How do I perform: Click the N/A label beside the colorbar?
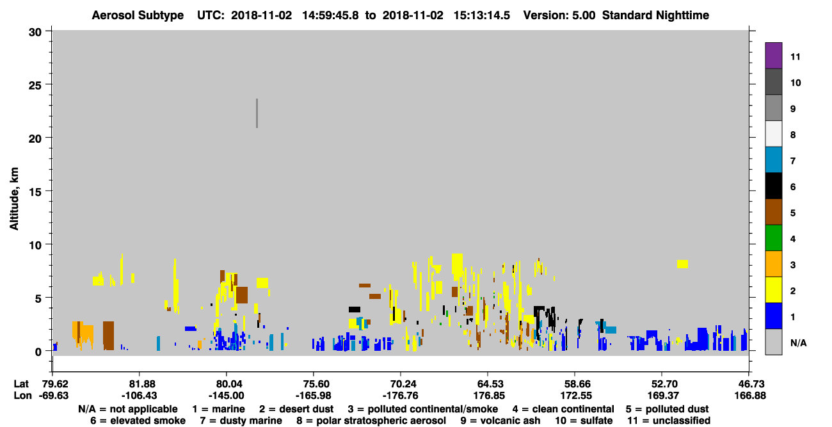798,342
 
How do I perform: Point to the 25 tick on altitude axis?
35,86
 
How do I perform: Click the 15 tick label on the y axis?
35,192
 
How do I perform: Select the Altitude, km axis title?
14,199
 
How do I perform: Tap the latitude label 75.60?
314,384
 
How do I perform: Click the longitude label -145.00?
226,396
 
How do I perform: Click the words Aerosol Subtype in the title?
138,15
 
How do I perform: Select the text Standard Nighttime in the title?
655,15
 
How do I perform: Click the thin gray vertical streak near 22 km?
257,113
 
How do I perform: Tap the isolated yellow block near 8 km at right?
682,264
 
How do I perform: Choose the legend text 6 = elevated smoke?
138,421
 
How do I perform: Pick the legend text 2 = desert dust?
296,409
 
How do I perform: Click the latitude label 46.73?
749,384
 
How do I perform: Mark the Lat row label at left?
21,384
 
